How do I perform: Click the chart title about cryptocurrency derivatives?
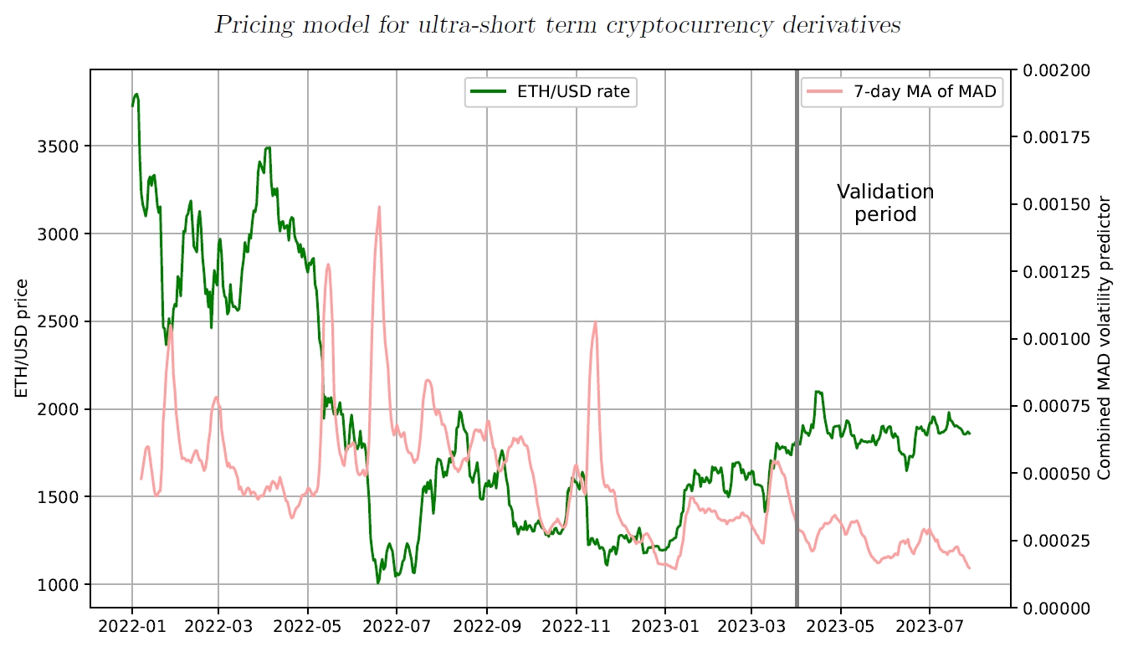point(557,25)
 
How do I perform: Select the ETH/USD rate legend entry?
point(551,92)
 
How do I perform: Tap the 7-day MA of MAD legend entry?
point(900,92)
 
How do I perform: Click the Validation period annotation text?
point(885,203)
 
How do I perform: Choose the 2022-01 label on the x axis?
point(132,625)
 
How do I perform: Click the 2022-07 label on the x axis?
point(397,625)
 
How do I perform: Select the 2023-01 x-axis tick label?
point(664,625)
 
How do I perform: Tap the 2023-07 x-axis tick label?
point(929,625)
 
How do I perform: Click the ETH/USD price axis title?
point(22,338)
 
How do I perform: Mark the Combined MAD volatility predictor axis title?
point(1105,338)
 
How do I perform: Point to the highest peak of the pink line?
point(379,207)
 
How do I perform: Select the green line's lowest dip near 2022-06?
point(378,582)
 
